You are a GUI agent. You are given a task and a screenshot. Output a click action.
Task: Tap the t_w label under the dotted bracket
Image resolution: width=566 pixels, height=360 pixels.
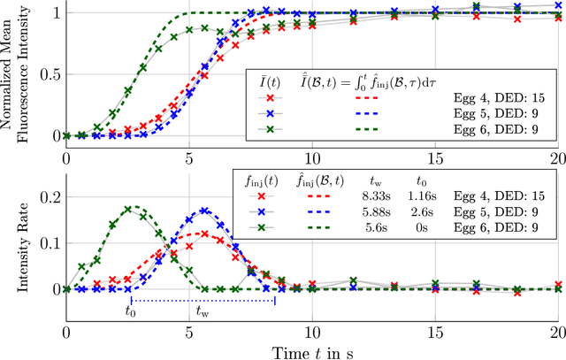pyautogui.click(x=203, y=310)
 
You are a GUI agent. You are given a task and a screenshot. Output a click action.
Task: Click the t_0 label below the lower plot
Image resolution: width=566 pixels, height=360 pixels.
pyautogui.click(x=131, y=310)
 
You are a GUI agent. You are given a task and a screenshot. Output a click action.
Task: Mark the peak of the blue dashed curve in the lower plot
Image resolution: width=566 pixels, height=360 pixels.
pyautogui.click(x=205, y=211)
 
